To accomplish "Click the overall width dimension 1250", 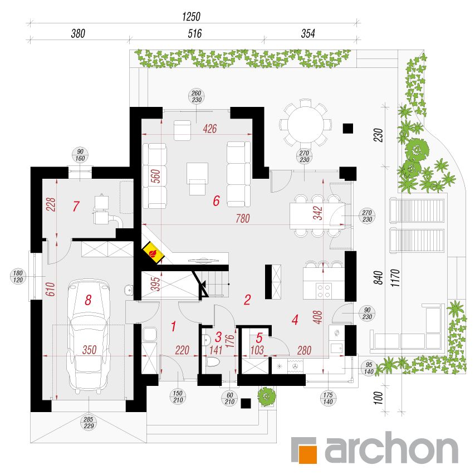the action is (x=191, y=16).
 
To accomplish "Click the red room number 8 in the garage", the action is (x=88, y=300).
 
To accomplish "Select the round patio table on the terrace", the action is (x=305, y=125).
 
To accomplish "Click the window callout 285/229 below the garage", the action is (x=89, y=423).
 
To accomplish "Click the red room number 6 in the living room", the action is (x=216, y=200).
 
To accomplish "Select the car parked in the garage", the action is (x=89, y=336).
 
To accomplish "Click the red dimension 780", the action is (x=243, y=218).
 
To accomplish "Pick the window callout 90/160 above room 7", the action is (x=80, y=155).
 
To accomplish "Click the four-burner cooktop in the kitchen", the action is (x=324, y=290).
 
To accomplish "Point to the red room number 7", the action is (x=76, y=206).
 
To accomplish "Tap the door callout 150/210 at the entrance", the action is (x=178, y=396).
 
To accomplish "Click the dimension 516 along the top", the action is (x=194, y=33).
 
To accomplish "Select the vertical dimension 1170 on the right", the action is (x=395, y=278).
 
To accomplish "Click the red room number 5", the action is (x=259, y=337).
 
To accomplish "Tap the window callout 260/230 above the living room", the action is (x=197, y=96).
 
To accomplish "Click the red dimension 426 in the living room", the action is (x=210, y=129).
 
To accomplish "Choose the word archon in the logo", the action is (x=391, y=448).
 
